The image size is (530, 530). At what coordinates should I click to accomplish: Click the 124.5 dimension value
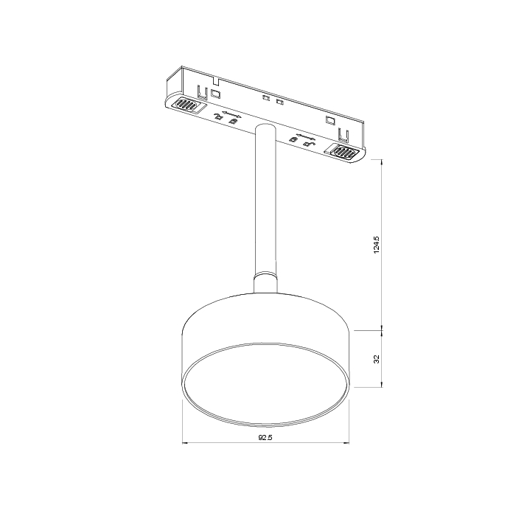coord(376,245)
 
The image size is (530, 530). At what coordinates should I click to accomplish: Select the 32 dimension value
coord(376,358)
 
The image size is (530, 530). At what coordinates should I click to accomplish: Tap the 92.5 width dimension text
coord(265,437)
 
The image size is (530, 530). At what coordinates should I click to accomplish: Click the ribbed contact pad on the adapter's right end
coord(344,152)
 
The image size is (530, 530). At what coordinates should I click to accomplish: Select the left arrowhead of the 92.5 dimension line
coord(184,442)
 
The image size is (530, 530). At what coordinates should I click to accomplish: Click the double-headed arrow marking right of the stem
coord(304,137)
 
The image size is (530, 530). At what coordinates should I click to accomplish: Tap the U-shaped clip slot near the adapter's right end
coord(342,133)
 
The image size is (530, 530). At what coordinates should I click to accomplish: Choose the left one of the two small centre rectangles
coord(266,98)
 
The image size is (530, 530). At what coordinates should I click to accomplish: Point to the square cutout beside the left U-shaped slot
coord(216,94)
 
